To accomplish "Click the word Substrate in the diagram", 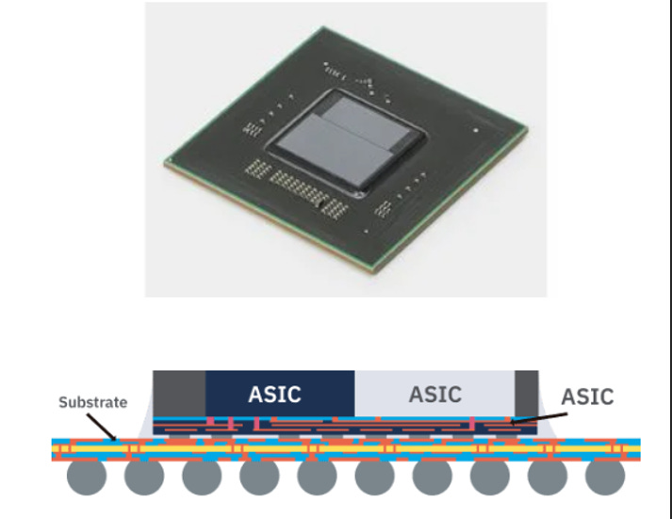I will tap(92, 402).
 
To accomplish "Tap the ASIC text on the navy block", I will tap(275, 394).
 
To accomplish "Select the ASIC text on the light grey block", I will tap(435, 394).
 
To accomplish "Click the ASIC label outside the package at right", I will tap(587, 397).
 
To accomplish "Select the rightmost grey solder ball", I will tap(604, 478).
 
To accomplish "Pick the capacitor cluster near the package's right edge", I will tap(386, 208).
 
